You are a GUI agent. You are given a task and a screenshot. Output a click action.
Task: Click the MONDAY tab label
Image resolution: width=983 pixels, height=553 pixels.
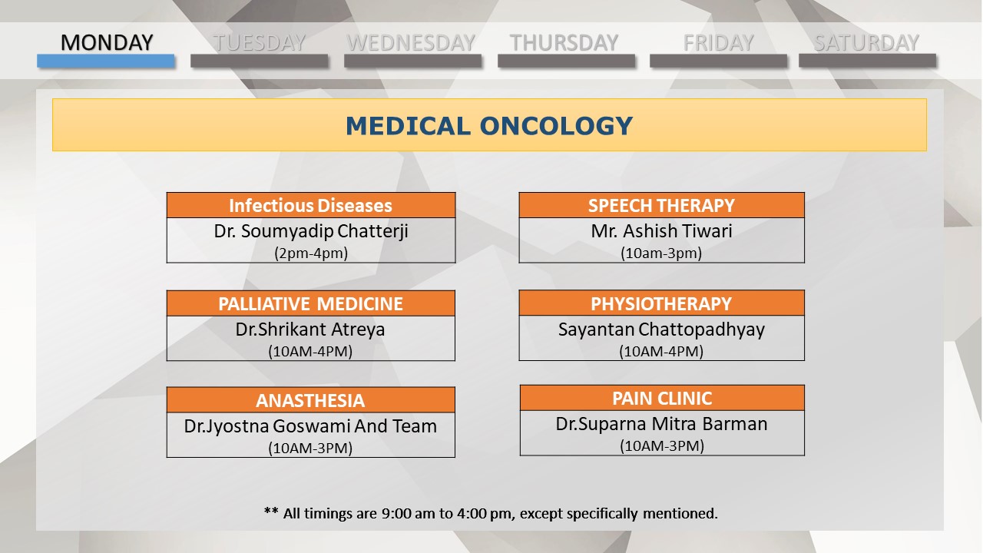pos(107,42)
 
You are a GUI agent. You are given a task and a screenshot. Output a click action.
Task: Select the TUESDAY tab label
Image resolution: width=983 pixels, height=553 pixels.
pos(260,42)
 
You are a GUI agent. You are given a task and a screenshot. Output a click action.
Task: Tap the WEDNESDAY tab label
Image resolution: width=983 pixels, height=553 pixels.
pos(411,42)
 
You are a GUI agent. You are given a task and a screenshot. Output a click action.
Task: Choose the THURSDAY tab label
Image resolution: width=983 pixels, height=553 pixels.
pos(564,42)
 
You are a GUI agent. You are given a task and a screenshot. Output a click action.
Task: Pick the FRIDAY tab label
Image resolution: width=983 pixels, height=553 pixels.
pos(718,42)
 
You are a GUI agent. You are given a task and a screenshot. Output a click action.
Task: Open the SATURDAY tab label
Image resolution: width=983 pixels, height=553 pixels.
pos(867,42)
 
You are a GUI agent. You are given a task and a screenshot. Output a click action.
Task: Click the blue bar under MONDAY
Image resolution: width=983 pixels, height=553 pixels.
pos(106,61)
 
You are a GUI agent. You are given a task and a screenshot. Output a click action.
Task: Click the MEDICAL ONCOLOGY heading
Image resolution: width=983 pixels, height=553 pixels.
pos(489,126)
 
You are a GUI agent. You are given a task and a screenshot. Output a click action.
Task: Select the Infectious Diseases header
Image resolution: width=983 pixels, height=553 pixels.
pos(311,205)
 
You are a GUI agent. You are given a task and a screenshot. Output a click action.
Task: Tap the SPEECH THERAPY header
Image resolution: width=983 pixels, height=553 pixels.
pos(661,205)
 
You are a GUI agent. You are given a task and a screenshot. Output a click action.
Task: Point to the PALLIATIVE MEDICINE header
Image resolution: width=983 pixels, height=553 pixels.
pos(311,303)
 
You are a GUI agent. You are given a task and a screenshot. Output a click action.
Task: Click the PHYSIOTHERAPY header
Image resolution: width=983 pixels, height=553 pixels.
pos(661,303)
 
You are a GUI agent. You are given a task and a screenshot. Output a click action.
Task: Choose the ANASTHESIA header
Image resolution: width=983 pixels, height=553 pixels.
pos(310,401)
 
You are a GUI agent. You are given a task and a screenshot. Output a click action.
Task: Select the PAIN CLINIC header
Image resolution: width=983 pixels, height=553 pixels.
pos(662,399)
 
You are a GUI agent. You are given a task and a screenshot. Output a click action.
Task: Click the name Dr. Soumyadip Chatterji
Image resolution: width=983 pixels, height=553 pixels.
pos(311,231)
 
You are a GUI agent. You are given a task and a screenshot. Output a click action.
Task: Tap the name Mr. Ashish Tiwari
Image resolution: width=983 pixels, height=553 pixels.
pos(661,231)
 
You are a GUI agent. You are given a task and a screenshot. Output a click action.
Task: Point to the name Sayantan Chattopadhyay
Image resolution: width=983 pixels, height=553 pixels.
pos(661,329)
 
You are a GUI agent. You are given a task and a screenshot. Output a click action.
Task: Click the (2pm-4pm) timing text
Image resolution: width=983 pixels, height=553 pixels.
pos(311,253)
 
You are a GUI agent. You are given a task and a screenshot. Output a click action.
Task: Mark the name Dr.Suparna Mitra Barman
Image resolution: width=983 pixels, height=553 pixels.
pos(662,424)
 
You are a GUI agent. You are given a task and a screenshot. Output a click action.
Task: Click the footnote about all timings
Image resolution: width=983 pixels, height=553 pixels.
pos(491,513)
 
